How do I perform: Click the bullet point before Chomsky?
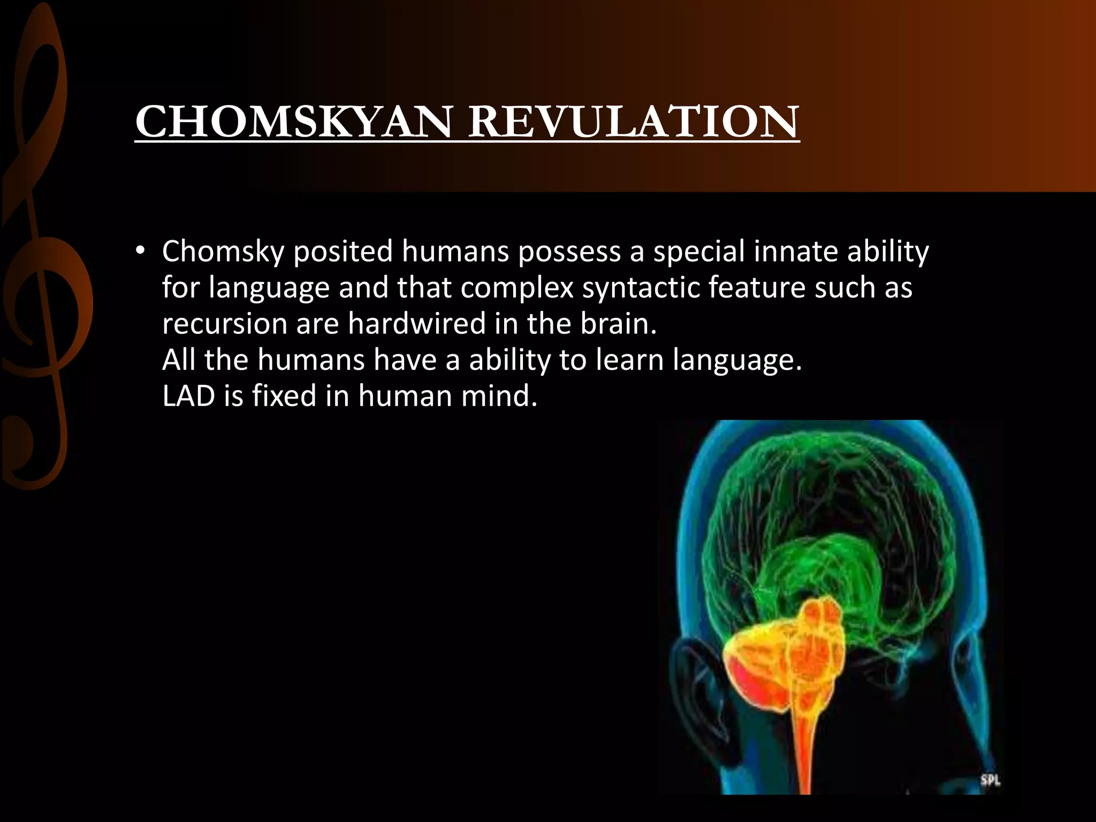click(x=140, y=251)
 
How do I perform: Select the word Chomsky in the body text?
click(x=223, y=252)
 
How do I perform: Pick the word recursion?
click(x=224, y=324)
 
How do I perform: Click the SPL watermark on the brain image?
click(x=990, y=780)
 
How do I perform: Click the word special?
click(x=699, y=252)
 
